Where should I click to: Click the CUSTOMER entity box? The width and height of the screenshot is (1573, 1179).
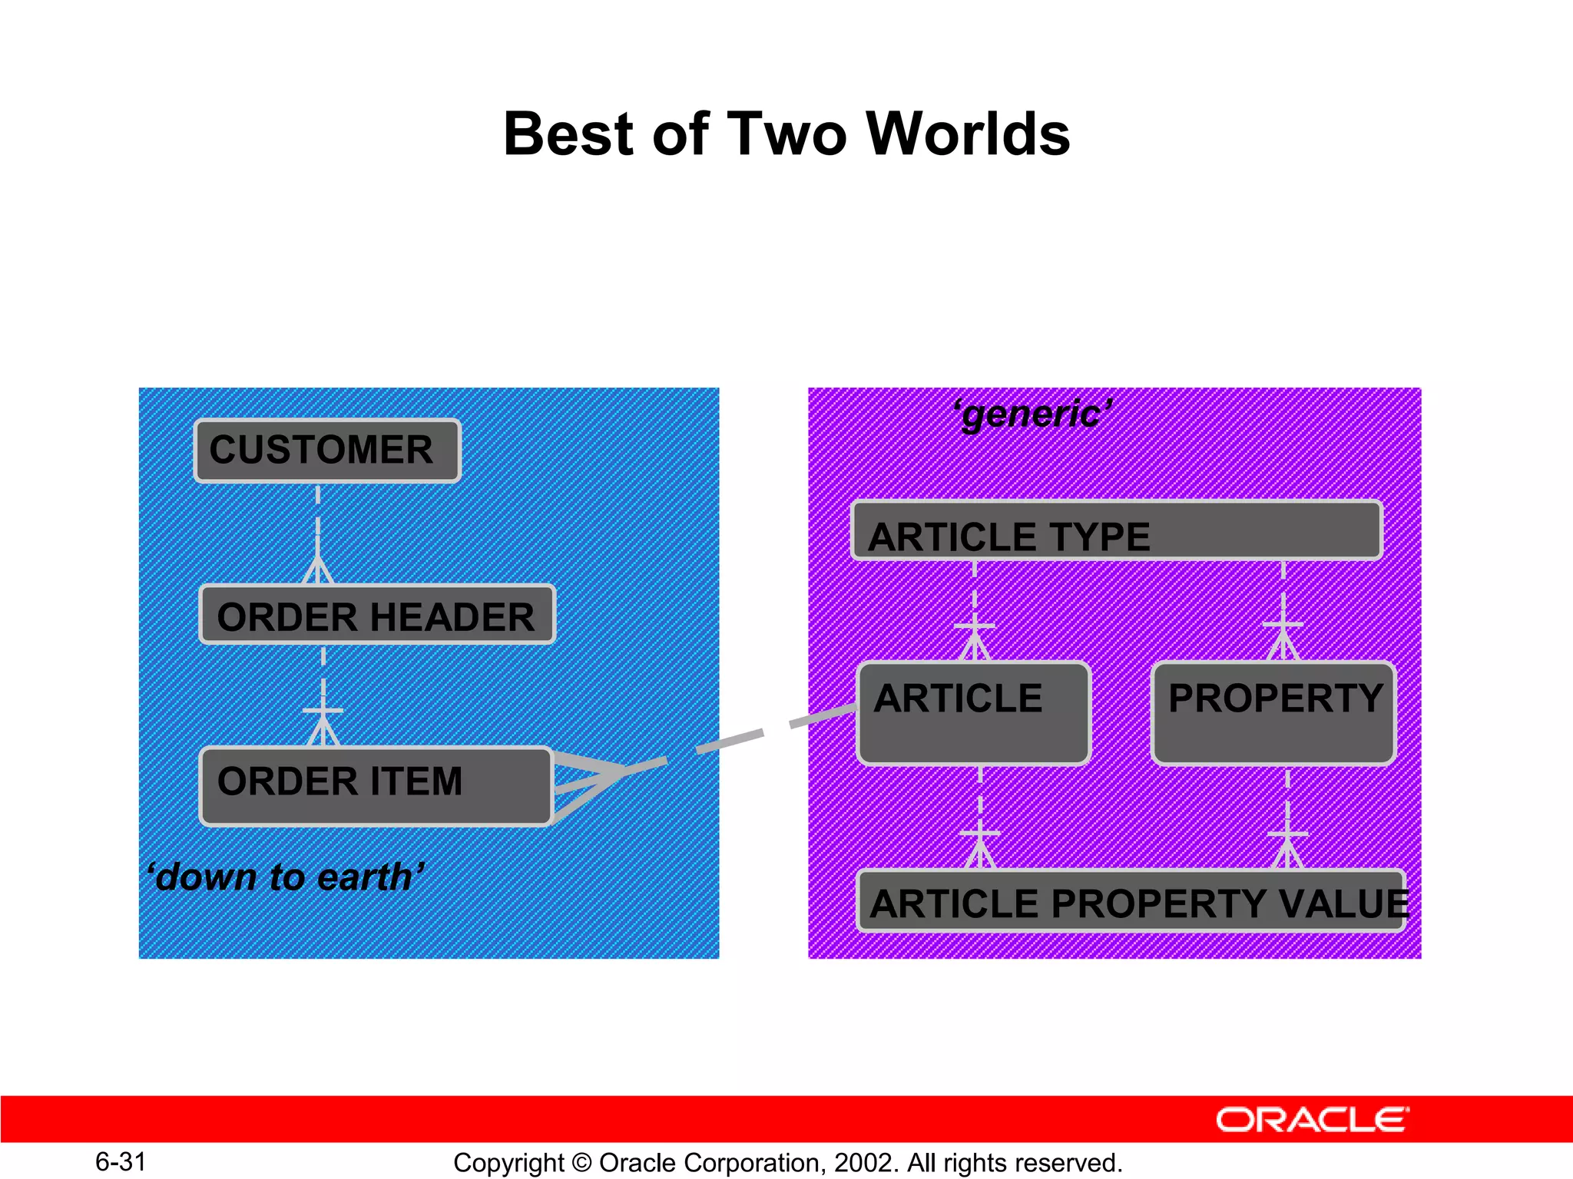coord(327,451)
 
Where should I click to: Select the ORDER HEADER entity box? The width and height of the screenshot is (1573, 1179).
coord(376,615)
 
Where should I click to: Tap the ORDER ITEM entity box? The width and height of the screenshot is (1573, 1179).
coord(376,785)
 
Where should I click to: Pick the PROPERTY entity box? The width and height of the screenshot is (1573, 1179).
coord(1273,713)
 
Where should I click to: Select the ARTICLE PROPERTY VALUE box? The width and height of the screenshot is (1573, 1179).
coord(1131,901)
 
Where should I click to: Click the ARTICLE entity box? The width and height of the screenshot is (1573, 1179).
coord(974,713)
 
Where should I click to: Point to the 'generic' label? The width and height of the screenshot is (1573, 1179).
coord(1033,414)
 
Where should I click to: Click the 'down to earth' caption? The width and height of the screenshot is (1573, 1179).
coord(286,877)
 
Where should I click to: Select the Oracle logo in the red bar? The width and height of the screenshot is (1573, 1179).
coord(1312,1120)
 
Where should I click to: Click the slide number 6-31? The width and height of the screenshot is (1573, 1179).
coord(121,1161)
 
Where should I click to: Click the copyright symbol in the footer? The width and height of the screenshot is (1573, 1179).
coord(581,1163)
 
